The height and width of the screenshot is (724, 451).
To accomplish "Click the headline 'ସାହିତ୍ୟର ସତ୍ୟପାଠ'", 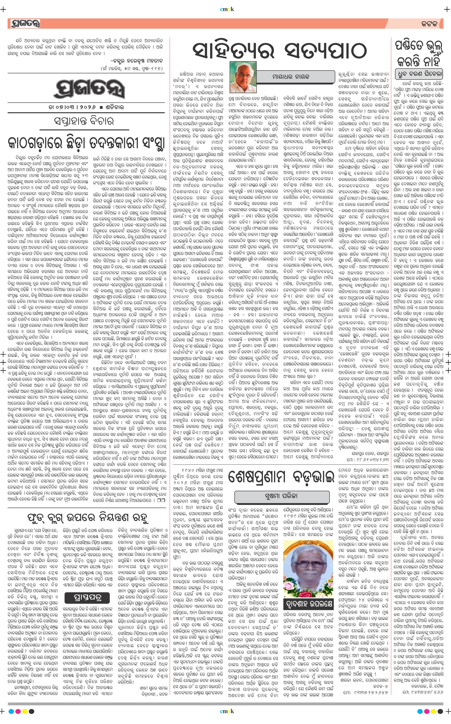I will (280, 50).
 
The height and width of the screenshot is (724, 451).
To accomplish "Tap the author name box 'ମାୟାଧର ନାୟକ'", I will (290, 77).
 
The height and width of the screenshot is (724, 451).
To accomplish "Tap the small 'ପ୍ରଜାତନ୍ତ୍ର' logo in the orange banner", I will (25, 23).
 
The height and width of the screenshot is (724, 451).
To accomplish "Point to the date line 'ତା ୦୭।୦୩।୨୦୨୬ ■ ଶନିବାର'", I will (86, 107).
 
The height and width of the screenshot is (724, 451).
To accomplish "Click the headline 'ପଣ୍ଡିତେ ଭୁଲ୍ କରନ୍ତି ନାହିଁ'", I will (419, 54).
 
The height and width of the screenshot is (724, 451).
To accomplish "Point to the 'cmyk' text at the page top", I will (227, 9).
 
